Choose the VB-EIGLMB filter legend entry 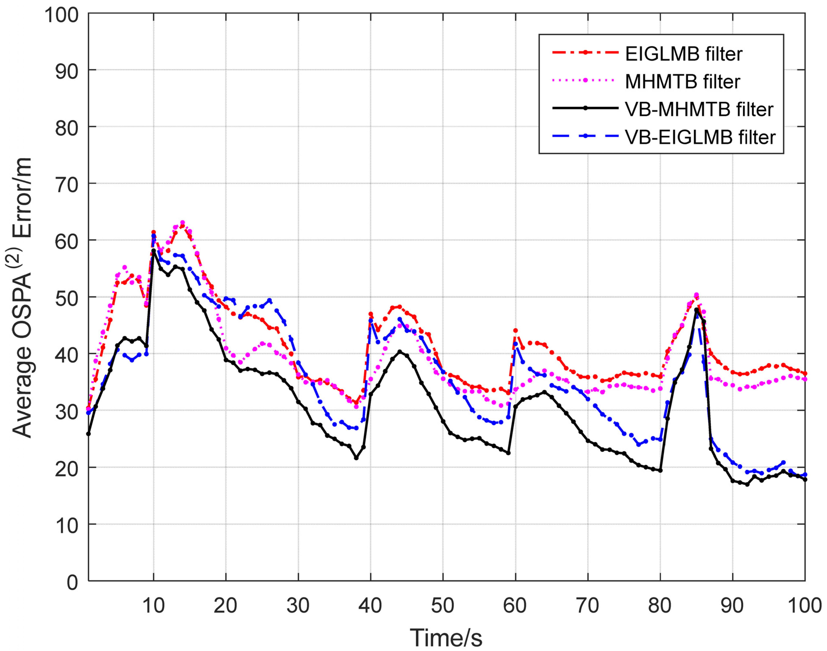pyautogui.click(x=700, y=137)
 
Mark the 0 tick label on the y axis pyautogui.click(x=72, y=582)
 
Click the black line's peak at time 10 pyautogui.click(x=153, y=250)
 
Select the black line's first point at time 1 pyautogui.click(x=88, y=434)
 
